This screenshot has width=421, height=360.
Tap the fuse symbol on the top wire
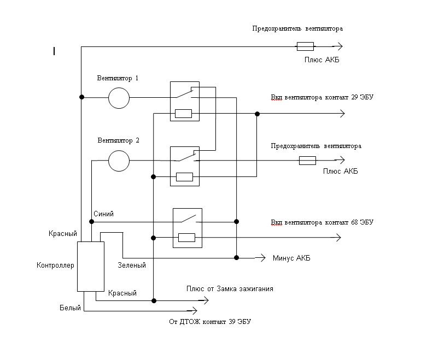[305, 46]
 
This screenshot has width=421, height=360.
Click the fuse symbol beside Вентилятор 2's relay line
[307, 161]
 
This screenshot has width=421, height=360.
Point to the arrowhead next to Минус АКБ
[260, 258]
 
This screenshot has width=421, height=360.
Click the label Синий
[104, 214]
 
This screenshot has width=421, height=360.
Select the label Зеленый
[132, 265]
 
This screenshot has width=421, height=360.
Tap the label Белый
[70, 308]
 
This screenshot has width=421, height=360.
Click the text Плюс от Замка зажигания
[230, 289]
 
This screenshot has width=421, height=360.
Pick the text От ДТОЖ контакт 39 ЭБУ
[210, 322]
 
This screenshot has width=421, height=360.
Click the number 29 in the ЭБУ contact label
[355, 97]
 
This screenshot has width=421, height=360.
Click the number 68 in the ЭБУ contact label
[355, 222]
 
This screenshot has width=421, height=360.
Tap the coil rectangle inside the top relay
[183, 114]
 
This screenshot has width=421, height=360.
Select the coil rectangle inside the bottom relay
[186, 238]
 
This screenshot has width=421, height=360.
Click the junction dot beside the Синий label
[91, 222]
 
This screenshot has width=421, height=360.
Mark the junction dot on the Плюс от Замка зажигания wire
[154, 300]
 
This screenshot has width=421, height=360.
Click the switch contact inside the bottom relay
[189, 219]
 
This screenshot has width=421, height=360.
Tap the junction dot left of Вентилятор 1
[81, 97]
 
